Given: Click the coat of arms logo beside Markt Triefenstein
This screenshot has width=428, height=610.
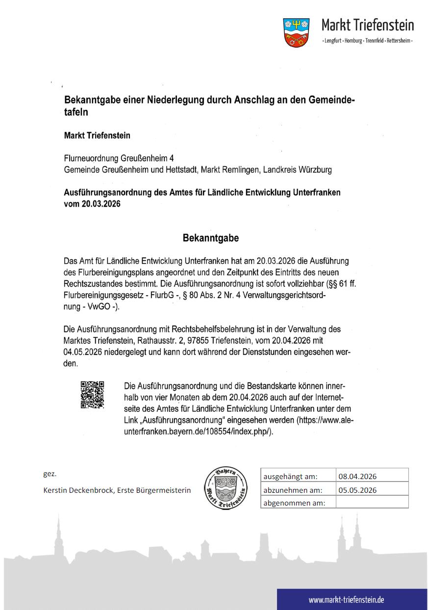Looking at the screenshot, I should (296, 32).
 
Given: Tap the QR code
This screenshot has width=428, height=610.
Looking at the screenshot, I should (92, 394).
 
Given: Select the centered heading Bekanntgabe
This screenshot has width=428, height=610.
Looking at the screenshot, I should (211, 238).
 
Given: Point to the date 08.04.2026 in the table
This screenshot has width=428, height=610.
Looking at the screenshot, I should (357, 476).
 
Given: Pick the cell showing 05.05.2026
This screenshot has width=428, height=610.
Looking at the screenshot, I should (357, 489).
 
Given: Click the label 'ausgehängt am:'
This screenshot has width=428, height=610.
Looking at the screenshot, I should (290, 476).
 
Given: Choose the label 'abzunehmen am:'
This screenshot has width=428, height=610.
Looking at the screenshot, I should (293, 489).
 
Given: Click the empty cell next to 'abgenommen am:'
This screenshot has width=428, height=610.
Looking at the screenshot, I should (372, 502).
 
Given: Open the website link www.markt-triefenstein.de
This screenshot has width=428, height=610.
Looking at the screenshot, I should (346, 600).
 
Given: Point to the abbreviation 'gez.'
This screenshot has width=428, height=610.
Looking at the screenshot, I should (50, 475).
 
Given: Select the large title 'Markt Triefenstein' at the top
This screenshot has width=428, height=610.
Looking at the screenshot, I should (368, 25).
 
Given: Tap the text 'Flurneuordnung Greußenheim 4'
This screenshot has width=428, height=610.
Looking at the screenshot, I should (119, 158).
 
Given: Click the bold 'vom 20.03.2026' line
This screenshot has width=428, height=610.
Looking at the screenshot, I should (92, 204).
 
